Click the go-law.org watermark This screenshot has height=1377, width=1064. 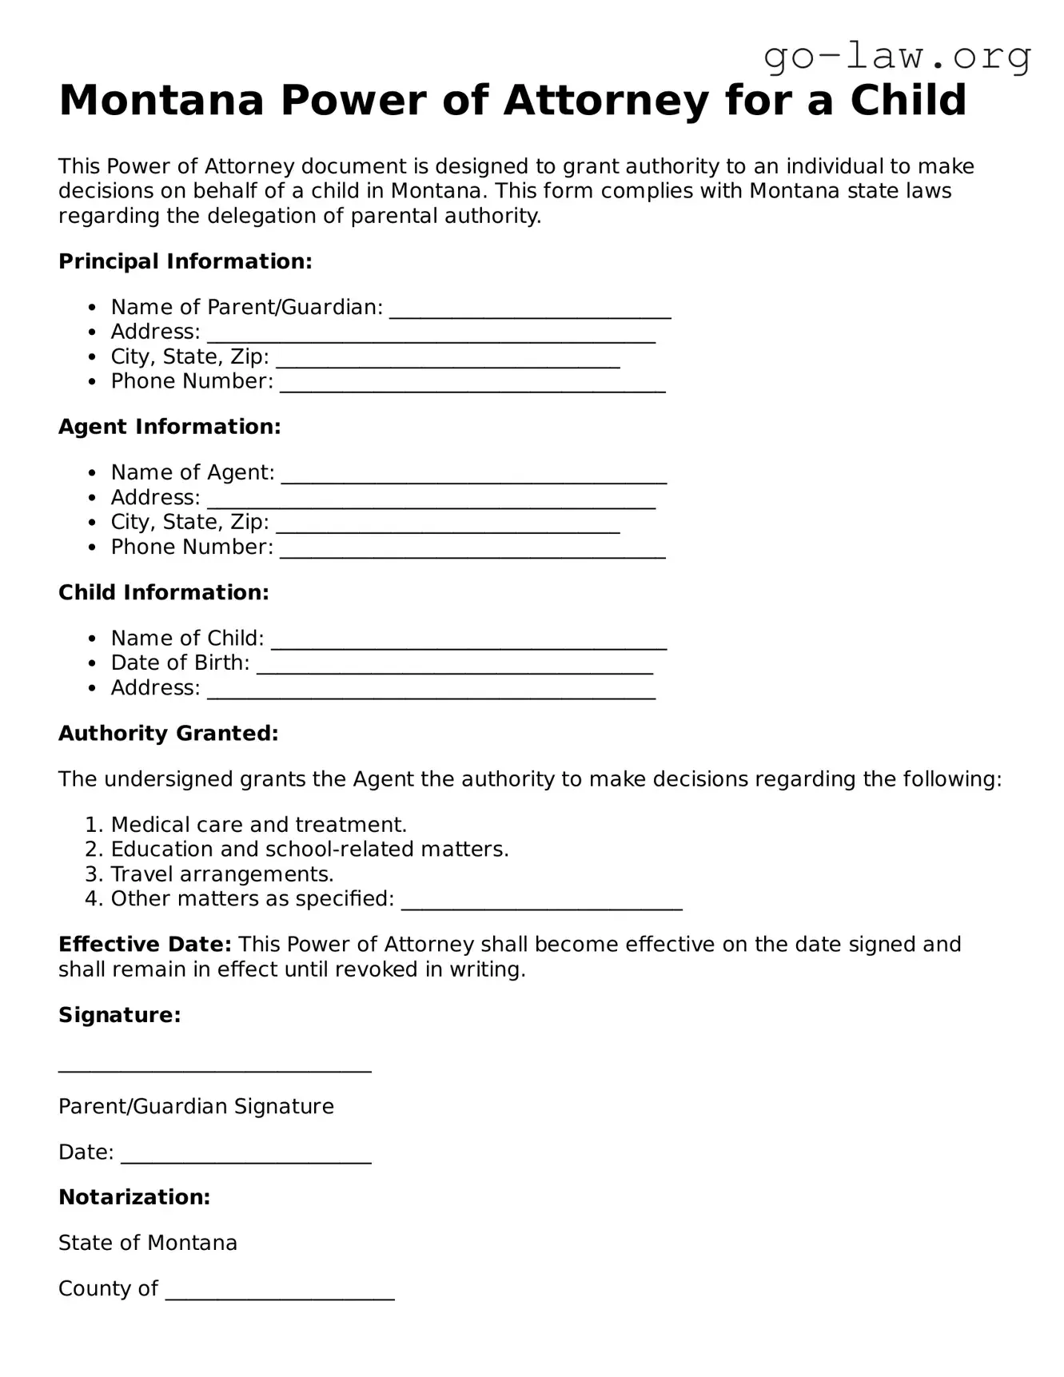[897, 56]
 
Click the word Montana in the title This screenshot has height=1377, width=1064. [161, 101]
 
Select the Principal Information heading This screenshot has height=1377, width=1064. [185, 261]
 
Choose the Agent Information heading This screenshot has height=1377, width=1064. [169, 427]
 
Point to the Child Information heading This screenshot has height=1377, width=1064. [164, 592]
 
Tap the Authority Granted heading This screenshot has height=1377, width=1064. [169, 734]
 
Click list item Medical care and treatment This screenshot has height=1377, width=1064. [259, 825]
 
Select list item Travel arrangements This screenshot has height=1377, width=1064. [222, 874]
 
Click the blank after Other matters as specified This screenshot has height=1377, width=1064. [541, 905]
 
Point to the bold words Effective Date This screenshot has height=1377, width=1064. [145, 945]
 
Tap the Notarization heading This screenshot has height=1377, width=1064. [134, 1197]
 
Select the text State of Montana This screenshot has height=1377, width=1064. [148, 1243]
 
